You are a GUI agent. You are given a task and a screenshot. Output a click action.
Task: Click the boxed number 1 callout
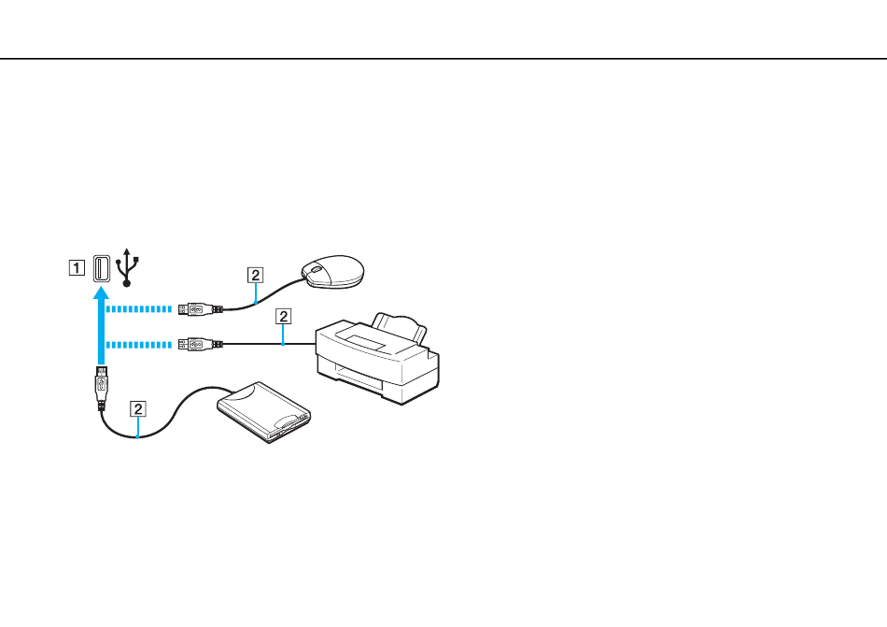coord(77,267)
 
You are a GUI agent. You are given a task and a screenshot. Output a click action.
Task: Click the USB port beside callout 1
coord(102,268)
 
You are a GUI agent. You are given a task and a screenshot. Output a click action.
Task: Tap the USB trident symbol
coord(127,267)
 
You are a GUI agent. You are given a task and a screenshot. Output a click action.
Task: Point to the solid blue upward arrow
coord(101,326)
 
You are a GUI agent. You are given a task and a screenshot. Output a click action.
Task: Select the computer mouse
coord(332,272)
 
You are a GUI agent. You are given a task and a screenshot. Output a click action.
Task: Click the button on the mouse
coord(315,269)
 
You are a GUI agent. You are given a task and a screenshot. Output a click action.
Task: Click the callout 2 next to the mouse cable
coord(256,276)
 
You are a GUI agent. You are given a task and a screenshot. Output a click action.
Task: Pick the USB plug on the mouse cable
coord(200,309)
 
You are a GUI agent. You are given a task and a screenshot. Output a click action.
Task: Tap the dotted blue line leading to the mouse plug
coord(138,309)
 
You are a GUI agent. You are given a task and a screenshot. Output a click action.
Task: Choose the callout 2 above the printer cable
coord(284,317)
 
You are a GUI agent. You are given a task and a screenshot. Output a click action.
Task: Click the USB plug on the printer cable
coord(200,344)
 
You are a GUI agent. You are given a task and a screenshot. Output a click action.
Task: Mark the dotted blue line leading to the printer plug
coord(138,345)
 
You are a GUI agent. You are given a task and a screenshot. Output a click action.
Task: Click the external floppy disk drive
coord(264,412)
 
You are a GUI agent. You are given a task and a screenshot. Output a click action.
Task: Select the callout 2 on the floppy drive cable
coord(138,408)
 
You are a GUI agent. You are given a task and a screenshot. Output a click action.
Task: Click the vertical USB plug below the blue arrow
coord(101,389)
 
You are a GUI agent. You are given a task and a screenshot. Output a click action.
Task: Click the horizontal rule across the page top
coord(443,58)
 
